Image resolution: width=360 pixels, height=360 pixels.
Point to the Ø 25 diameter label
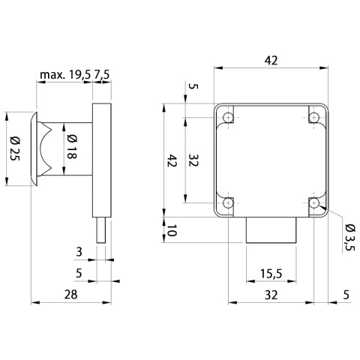coord(14,148)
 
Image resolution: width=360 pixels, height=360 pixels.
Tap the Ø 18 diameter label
coord(71,148)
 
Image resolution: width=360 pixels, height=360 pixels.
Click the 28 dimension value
coord(70,295)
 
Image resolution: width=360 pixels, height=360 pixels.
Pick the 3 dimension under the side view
coord(79,253)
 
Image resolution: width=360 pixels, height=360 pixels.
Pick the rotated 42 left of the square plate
coord(172,160)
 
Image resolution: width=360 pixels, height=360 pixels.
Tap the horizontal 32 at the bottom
coord(271,295)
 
